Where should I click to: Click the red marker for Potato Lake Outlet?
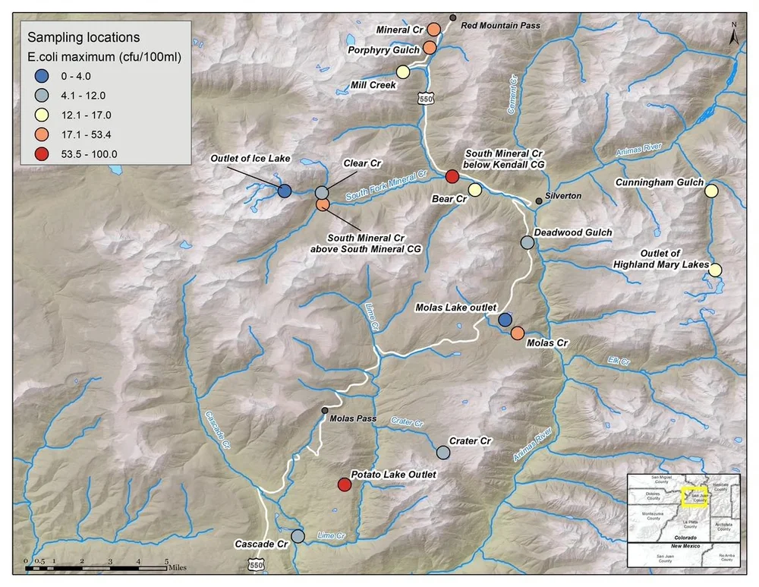pos(344,484)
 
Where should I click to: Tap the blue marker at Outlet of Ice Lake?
pos(284,191)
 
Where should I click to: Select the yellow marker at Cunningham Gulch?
pos(711,191)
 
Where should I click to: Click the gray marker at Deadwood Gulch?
pos(527,242)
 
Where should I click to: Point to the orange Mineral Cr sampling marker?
pos(433,29)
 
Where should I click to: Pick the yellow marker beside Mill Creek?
pos(403,72)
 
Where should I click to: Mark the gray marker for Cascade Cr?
pos(298,536)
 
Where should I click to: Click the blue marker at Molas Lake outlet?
pos(505,320)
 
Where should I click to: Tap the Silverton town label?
pos(563,196)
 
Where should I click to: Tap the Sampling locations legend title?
pos(83,36)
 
